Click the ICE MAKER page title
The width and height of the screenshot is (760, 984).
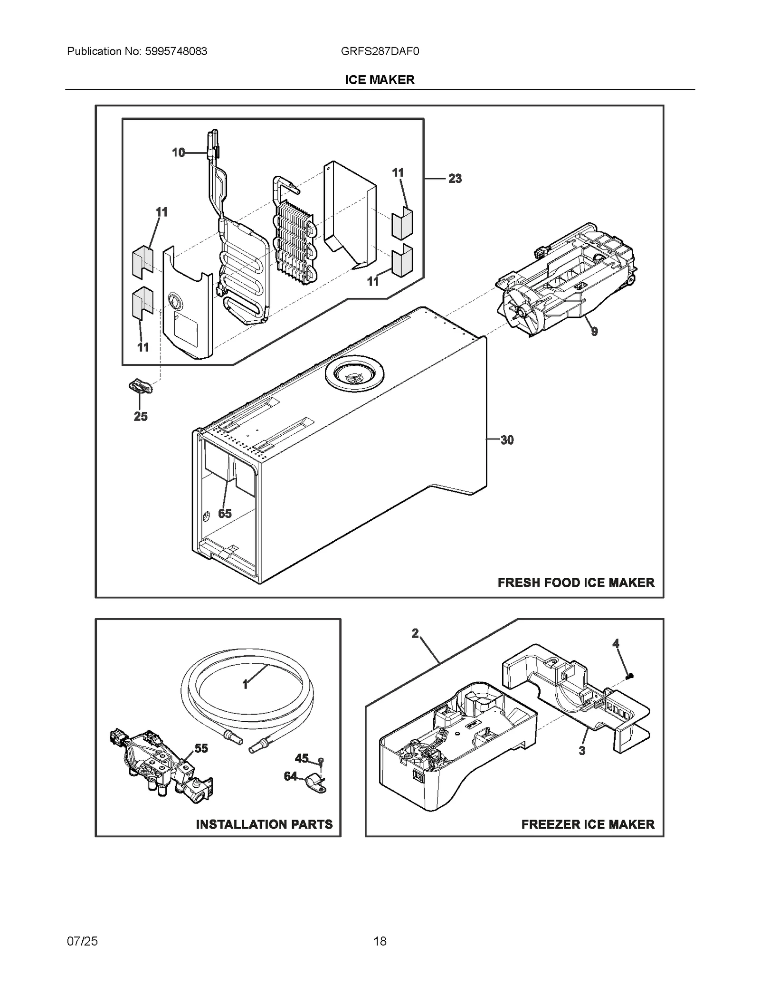(x=380, y=80)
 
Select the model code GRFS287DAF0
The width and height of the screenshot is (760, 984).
(x=380, y=51)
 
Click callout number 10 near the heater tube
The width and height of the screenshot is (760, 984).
(x=178, y=153)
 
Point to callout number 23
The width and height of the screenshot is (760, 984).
(x=455, y=179)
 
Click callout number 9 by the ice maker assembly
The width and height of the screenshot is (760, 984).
(x=594, y=331)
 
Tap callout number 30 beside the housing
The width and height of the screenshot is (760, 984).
(x=507, y=440)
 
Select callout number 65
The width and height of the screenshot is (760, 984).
(x=225, y=513)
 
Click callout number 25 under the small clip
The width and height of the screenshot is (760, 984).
(x=141, y=416)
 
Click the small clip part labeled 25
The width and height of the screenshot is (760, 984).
(x=141, y=387)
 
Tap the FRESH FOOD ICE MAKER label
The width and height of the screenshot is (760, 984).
(x=576, y=583)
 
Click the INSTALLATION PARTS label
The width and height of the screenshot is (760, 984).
(x=264, y=824)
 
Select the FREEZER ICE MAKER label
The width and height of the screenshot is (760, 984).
(x=588, y=824)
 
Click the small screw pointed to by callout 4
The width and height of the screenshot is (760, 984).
(x=630, y=676)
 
